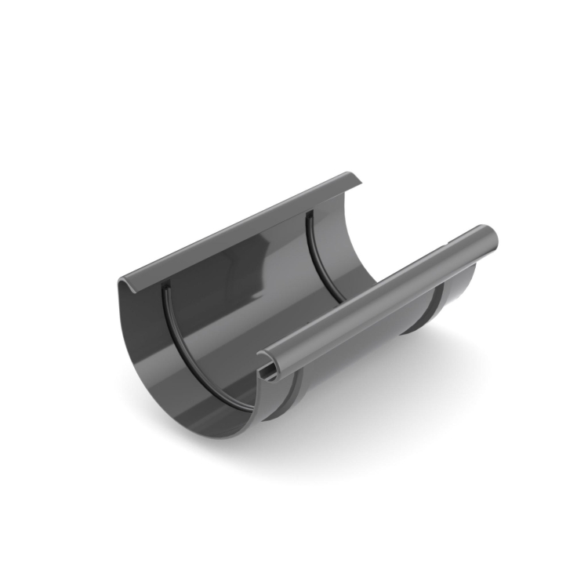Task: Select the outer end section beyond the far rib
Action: (x=455, y=290)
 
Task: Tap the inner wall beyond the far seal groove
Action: (x=345, y=235)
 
